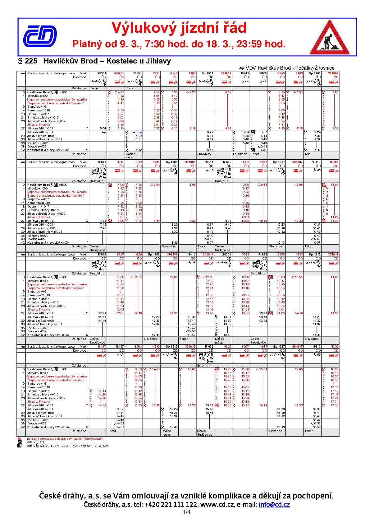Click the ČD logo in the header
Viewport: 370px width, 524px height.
pyautogui.click(x=40, y=35)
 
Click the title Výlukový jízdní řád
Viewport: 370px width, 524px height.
pyautogui.click(x=179, y=28)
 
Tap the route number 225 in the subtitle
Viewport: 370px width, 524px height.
pyautogui.click(x=31, y=61)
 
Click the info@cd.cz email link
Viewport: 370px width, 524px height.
pyautogui.click(x=274, y=505)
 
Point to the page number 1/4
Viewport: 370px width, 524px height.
pyautogui.click(x=187, y=512)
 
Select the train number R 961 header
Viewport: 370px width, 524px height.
pyautogui.click(x=334, y=162)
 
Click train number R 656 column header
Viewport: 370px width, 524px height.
pyautogui.click(x=209, y=346)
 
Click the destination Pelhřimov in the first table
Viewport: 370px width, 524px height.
pyautogui.click(x=240, y=154)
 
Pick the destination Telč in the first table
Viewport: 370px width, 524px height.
pyautogui.click(x=308, y=154)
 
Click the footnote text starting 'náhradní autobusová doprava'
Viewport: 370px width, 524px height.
pyautogui.click(x=64, y=439)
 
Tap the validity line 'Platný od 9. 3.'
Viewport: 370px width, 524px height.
pyautogui.click(x=179, y=44)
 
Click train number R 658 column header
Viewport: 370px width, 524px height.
pyautogui.click(x=263, y=254)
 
